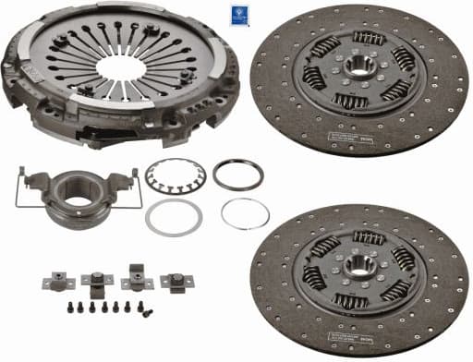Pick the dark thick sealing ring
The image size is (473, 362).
tap(237, 175)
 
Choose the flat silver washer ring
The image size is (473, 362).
tap(173, 218)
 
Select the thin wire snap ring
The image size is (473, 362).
tap(245, 214)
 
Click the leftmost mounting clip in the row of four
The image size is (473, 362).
tap(52, 281)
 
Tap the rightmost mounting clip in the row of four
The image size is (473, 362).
tap(174, 283)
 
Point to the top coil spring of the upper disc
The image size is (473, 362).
tap(369, 38)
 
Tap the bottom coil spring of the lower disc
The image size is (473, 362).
tap(351, 301)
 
